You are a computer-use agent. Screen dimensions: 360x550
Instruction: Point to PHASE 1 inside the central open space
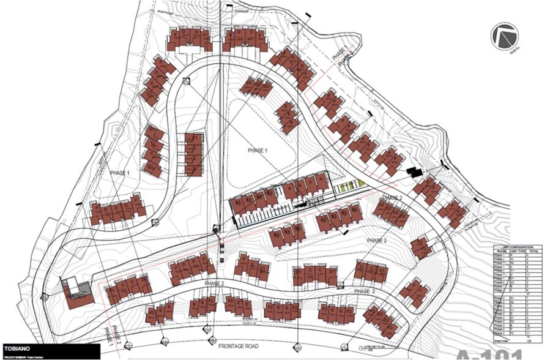[x=256, y=151]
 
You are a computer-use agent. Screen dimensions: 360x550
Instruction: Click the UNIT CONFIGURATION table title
[x=516, y=246]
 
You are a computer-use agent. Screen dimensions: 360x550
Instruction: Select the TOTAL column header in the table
[x=533, y=251]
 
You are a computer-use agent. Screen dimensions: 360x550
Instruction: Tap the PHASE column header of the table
[x=501, y=251]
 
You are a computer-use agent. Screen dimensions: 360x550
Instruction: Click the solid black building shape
[x=414, y=172]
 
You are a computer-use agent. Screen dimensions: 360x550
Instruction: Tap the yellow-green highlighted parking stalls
[x=352, y=185]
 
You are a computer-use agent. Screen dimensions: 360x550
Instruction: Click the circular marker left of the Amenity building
[x=45, y=296]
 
